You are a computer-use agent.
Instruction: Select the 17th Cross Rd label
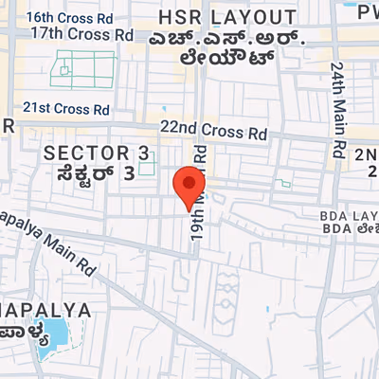tap(81, 33)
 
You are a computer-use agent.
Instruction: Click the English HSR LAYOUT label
tap(227, 17)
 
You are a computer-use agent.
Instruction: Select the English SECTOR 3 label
tap(97, 153)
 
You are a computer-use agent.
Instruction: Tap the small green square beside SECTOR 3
tap(146, 167)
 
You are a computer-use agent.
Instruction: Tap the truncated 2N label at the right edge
tap(367, 154)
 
